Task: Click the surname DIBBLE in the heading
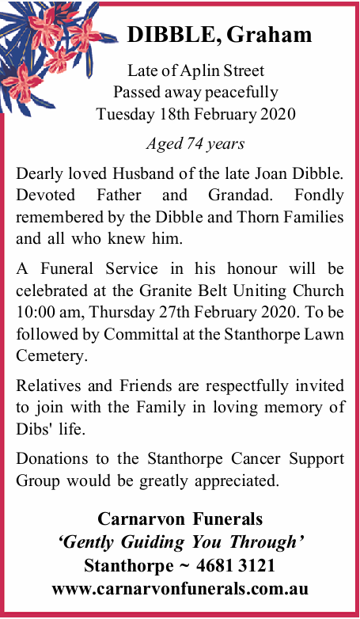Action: (x=174, y=35)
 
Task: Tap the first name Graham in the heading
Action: (x=269, y=35)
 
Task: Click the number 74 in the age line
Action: (x=192, y=144)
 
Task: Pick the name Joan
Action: (x=278, y=174)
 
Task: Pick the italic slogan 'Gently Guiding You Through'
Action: (x=180, y=542)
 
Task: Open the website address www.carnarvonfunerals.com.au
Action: (x=180, y=589)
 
